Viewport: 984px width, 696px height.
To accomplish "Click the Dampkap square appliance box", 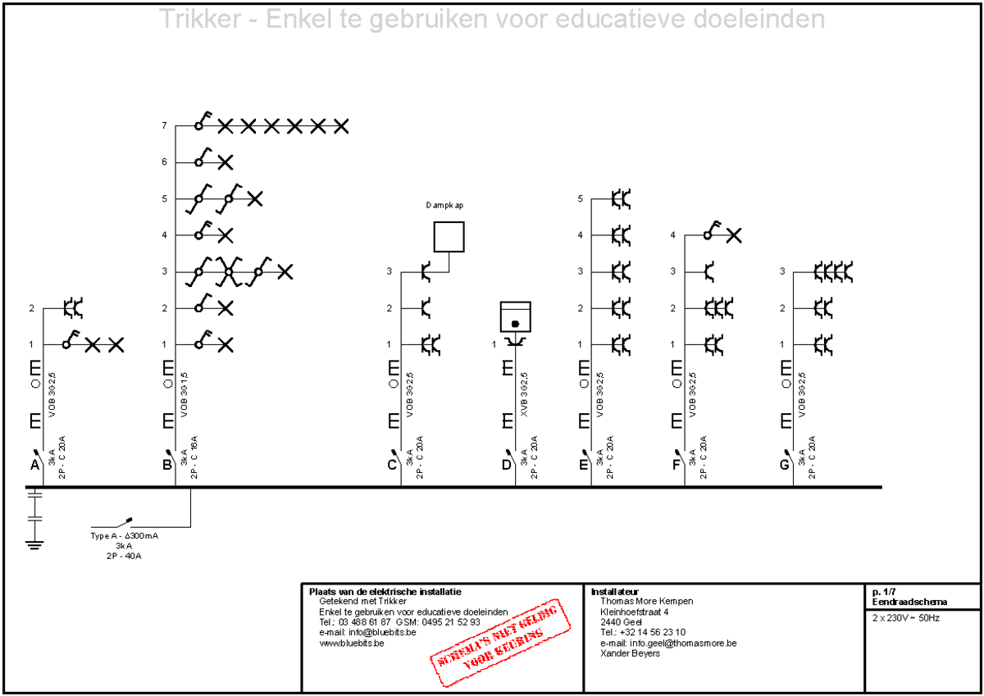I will pos(449,236).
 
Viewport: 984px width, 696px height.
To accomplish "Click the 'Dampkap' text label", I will pos(444,205).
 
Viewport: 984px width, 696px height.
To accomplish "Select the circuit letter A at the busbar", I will pos(34,466).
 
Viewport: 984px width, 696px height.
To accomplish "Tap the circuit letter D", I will pos(506,466).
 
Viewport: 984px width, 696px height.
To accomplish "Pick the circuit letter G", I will pos(784,466).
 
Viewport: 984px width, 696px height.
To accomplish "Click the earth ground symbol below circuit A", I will pos(34,543).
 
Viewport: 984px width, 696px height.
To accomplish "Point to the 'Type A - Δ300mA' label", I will pos(125,535).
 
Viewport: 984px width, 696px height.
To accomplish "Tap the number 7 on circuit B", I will pos(164,126).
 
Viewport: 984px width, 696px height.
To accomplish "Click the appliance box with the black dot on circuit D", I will pos(516,316).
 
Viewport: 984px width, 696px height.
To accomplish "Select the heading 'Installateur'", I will pos(614,591).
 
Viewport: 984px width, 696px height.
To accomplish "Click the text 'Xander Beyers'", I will pos(630,653).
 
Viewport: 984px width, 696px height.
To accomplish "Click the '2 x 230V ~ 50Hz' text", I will pos(906,617).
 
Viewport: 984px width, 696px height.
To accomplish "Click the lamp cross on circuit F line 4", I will pos(734,235).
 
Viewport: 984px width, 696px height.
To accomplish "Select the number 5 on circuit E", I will pos(581,198).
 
